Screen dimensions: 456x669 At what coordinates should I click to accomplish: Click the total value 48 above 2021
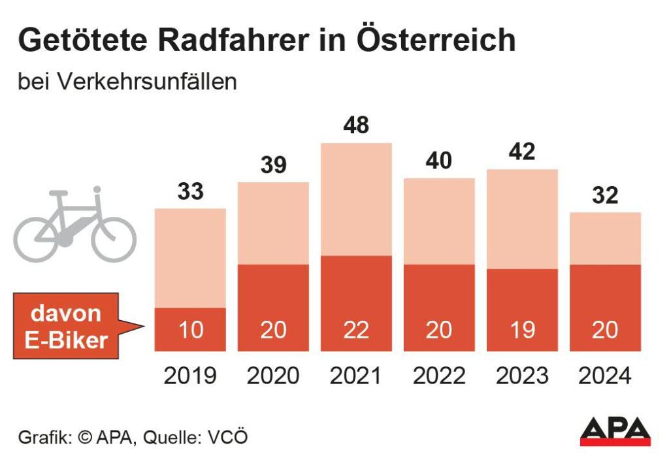(x=355, y=125)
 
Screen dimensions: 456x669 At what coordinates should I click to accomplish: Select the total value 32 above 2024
(x=604, y=195)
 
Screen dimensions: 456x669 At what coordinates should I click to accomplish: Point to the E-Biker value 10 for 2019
(x=190, y=330)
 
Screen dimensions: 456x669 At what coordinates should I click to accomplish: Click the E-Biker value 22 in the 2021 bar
(x=355, y=330)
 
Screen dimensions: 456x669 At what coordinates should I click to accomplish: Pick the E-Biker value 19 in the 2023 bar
(x=522, y=330)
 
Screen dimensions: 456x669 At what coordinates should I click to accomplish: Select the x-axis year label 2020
(x=272, y=376)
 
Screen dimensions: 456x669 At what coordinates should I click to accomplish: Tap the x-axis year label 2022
(x=438, y=376)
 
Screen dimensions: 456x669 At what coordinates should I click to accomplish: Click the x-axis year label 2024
(x=604, y=376)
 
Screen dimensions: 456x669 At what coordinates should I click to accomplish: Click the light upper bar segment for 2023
(x=522, y=219)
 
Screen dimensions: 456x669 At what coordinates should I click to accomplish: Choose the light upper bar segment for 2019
(x=190, y=258)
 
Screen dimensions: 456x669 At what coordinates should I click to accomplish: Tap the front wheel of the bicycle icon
(x=113, y=236)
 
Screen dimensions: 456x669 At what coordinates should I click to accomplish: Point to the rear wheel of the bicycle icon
(x=39, y=236)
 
